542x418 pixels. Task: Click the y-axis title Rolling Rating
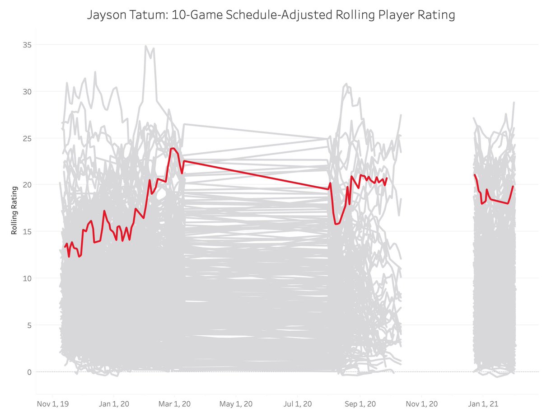(14, 210)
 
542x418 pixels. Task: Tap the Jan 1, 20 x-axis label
(113, 403)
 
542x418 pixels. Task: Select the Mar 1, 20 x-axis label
(174, 403)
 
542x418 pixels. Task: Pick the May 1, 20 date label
(236, 403)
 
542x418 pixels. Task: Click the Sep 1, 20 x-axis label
(360, 403)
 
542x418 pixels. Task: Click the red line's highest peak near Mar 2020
(173, 148)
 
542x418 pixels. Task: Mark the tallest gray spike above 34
(145, 46)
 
